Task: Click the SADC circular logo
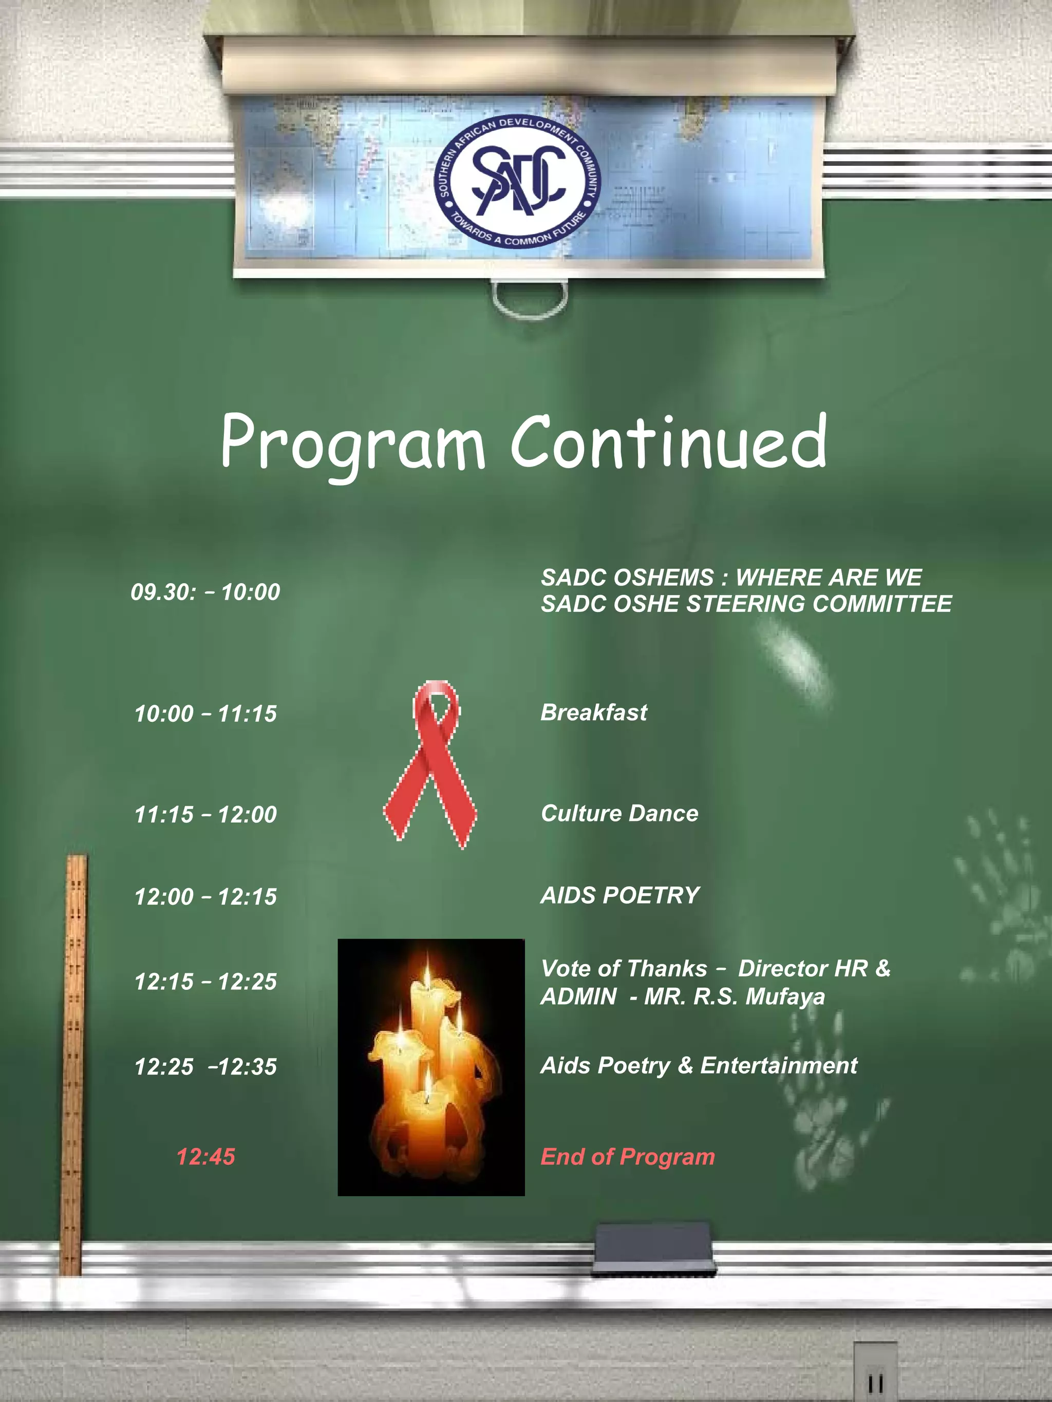[517, 181]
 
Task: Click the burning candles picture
[431, 1067]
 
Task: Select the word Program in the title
[352, 444]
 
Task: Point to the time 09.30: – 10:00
[205, 592]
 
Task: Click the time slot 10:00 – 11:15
[205, 714]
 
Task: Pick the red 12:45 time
[205, 1157]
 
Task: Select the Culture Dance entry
[619, 813]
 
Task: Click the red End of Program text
[628, 1157]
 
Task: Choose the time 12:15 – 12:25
[205, 981]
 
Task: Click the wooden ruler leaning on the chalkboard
[73, 1065]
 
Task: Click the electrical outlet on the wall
[875, 1375]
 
